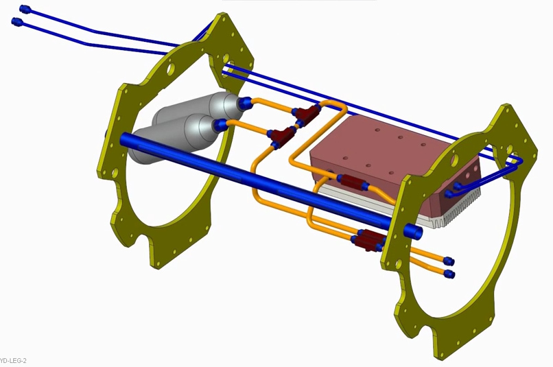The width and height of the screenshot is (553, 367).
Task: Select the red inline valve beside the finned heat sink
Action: pyautogui.click(x=351, y=182)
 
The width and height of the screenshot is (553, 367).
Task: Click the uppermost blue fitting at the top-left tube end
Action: pyautogui.click(x=25, y=9)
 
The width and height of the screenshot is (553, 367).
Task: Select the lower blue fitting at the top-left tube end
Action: pyautogui.click(x=16, y=22)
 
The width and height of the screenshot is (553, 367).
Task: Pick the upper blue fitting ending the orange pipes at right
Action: pyautogui.click(x=448, y=261)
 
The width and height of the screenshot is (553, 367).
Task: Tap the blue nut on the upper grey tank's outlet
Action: pyautogui.click(x=246, y=104)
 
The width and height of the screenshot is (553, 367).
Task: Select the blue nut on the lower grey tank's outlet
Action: pyautogui.click(x=220, y=125)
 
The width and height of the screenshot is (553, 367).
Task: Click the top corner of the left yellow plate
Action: pyautogui.click(x=222, y=16)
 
